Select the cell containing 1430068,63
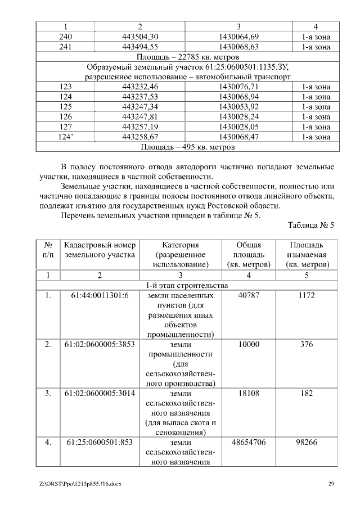[x=238, y=47]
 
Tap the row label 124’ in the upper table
[x=65, y=137]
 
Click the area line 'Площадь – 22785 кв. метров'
[x=188, y=57]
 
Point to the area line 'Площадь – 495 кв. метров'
[x=188, y=147]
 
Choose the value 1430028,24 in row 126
[x=238, y=117]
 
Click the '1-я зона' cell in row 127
[x=316, y=127]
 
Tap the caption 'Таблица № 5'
[x=311, y=226]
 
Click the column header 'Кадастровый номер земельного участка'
[x=100, y=250]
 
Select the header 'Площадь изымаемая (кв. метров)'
[x=307, y=255]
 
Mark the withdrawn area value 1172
[x=307, y=295]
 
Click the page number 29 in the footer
[x=331, y=484]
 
